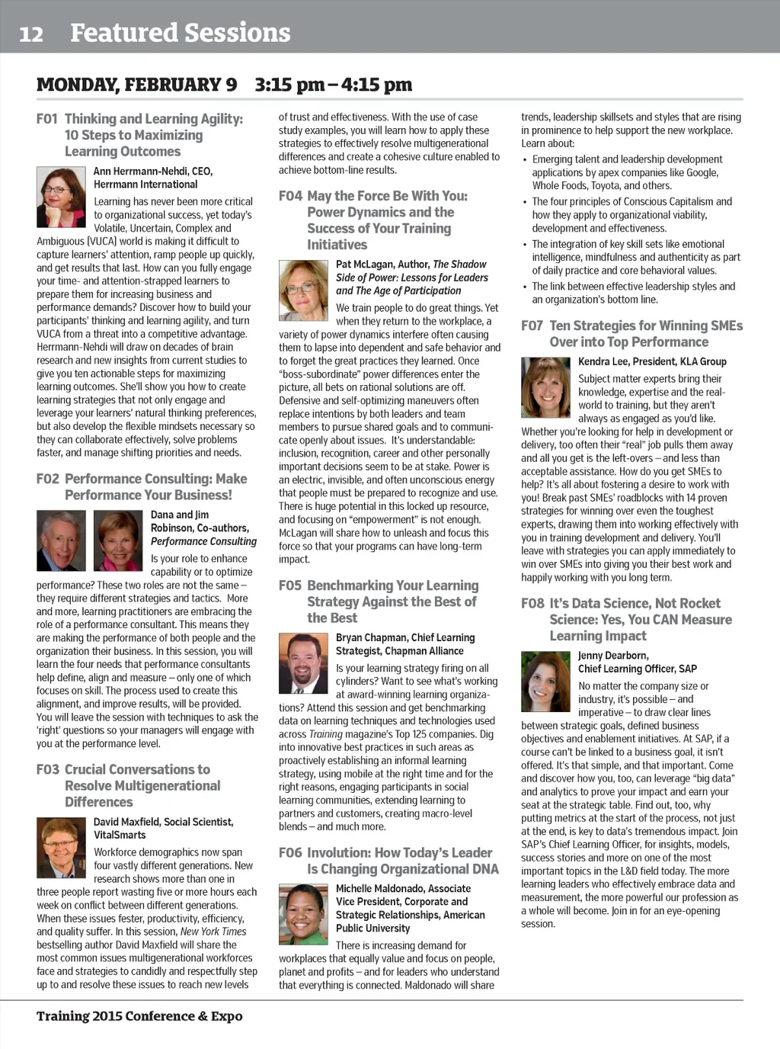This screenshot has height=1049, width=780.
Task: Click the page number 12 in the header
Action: point(31,34)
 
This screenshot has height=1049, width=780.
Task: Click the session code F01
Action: point(47,119)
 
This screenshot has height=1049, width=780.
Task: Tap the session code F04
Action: point(290,196)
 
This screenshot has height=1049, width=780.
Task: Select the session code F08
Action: point(532,603)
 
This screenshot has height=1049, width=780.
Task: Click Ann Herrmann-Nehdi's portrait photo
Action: point(61,197)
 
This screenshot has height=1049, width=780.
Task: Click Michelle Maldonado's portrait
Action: point(303,914)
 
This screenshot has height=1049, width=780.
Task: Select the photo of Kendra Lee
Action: point(545,387)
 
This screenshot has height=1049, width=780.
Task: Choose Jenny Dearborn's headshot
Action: point(545,682)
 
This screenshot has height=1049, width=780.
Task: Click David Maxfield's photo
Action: point(61,848)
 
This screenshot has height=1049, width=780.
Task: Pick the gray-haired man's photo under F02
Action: point(61,541)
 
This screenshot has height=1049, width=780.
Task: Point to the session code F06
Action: point(290,852)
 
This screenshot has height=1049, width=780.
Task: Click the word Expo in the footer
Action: point(227,1016)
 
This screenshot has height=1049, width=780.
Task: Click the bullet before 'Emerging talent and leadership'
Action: point(525,160)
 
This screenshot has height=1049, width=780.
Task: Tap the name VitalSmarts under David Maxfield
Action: point(120,835)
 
